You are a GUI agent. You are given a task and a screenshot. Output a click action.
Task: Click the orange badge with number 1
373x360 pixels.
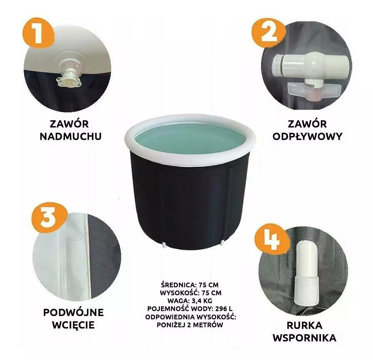click(39, 33)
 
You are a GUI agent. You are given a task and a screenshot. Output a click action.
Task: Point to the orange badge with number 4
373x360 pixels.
click(272, 240)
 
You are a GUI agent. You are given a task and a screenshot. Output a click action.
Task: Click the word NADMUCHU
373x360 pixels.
click(71, 137)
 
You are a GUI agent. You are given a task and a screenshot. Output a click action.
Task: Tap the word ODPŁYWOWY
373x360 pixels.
click(307, 137)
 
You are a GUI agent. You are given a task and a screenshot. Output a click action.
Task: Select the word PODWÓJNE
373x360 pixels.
click(74, 313)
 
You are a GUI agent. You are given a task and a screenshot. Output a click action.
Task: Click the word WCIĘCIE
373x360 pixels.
click(74, 325)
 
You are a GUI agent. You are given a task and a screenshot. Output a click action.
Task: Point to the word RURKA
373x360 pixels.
click(304, 325)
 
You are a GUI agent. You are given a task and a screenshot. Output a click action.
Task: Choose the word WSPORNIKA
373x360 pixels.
click(304, 338)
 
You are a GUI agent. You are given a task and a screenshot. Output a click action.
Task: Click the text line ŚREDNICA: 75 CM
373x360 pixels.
click(190, 285)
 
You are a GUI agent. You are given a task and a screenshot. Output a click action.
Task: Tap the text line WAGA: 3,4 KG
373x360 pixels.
click(190, 300)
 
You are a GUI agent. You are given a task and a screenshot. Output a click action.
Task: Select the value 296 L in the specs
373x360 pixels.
click(224, 309)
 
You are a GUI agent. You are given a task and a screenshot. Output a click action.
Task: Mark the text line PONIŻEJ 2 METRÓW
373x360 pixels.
click(190, 325)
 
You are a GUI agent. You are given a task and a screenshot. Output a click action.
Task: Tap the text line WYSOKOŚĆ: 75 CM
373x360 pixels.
click(191, 293)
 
